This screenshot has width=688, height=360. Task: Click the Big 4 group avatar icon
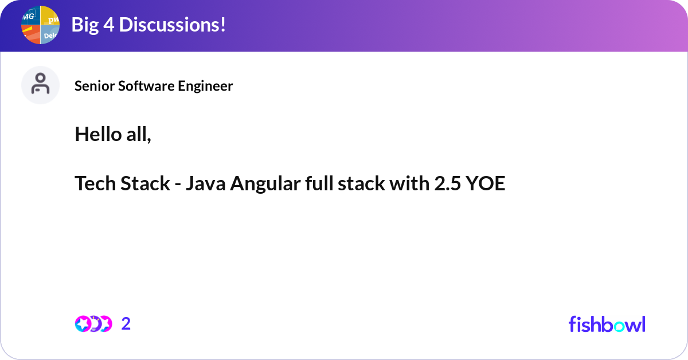(40, 25)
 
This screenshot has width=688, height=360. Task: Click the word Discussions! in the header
(173, 25)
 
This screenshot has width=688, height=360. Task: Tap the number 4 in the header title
(109, 25)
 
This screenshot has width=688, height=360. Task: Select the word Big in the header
(85, 25)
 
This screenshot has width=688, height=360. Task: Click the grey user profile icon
(40, 85)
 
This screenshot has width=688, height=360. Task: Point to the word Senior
(95, 86)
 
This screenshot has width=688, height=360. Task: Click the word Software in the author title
(146, 86)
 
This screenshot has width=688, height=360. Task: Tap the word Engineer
(205, 86)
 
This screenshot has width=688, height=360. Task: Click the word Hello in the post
(98, 134)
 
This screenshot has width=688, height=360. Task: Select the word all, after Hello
(139, 135)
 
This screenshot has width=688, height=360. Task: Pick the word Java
(205, 183)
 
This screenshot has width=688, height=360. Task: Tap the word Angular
(265, 184)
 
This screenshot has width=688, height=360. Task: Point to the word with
(409, 183)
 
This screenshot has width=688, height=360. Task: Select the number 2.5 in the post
(448, 183)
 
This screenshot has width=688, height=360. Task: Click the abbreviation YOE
(485, 183)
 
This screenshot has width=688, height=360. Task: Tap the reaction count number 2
(126, 324)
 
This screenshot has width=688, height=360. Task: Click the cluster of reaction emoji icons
(93, 324)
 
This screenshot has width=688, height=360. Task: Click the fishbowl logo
(607, 324)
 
